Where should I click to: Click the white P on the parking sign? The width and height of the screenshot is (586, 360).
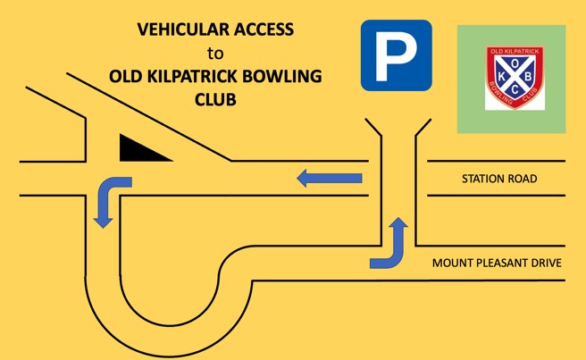(x=396, y=56)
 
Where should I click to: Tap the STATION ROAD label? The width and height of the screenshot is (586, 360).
(x=499, y=179)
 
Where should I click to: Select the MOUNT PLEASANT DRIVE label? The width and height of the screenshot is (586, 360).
(x=497, y=263)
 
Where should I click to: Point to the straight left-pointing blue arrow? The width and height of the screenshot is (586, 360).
(x=330, y=178)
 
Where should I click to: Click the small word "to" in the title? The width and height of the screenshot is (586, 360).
(x=215, y=54)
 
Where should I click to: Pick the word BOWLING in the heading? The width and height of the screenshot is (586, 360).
(x=282, y=77)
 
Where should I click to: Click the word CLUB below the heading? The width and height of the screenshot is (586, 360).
(x=215, y=100)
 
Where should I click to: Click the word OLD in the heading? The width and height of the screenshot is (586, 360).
(x=125, y=77)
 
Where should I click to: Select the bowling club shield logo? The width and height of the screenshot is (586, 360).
(x=515, y=78)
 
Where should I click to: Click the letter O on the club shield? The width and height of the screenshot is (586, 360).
(x=515, y=64)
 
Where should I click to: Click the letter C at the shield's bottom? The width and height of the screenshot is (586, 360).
(x=515, y=90)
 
